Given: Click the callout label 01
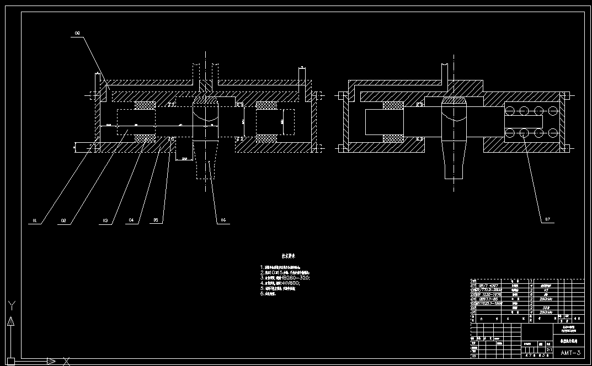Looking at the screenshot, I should click(x=34, y=220).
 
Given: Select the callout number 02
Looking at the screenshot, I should click(x=63, y=220).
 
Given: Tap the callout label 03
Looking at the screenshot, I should click(x=104, y=220).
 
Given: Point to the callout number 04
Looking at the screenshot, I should click(x=131, y=220).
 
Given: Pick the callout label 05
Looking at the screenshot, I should click(x=156, y=220).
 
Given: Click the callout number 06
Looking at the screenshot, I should click(x=222, y=220).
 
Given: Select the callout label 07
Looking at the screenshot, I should click(x=547, y=219).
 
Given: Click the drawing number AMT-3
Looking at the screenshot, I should click(x=570, y=352).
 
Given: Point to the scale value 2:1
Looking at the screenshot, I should click(x=549, y=349).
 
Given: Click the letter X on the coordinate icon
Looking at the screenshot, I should click(x=66, y=361).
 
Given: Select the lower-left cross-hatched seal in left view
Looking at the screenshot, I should click(x=145, y=137).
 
